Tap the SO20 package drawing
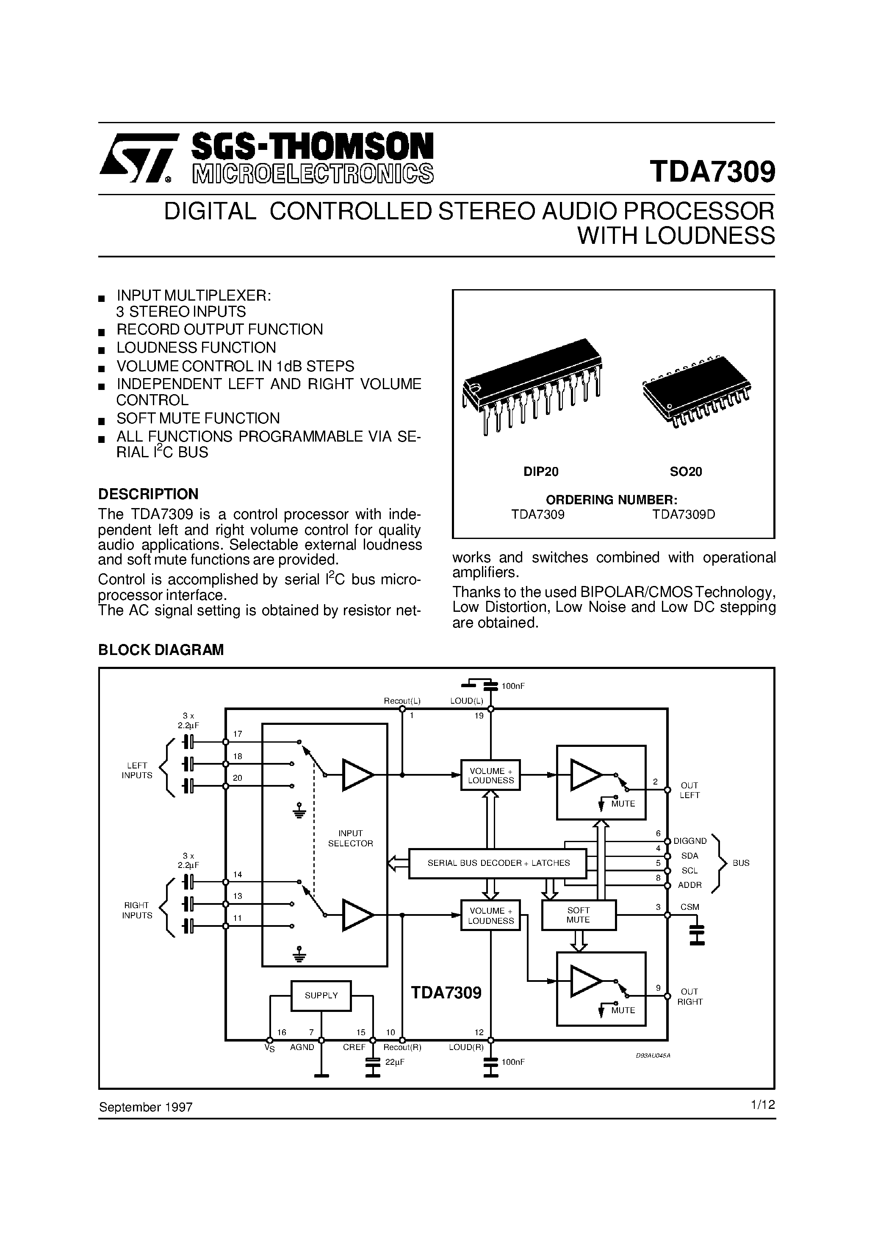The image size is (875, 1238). (x=696, y=390)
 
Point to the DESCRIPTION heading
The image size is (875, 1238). (x=148, y=494)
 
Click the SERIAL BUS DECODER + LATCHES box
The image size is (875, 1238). (x=497, y=863)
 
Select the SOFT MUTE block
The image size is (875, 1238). (x=578, y=915)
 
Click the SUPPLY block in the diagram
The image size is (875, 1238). (x=321, y=995)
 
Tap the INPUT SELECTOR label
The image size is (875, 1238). (x=351, y=838)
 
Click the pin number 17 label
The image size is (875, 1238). (x=238, y=734)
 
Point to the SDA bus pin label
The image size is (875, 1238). (x=689, y=856)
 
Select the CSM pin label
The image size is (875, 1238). (x=689, y=907)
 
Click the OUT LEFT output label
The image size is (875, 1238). (x=689, y=790)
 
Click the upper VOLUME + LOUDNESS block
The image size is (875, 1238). (x=490, y=775)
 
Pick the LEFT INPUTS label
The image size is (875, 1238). (x=137, y=770)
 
